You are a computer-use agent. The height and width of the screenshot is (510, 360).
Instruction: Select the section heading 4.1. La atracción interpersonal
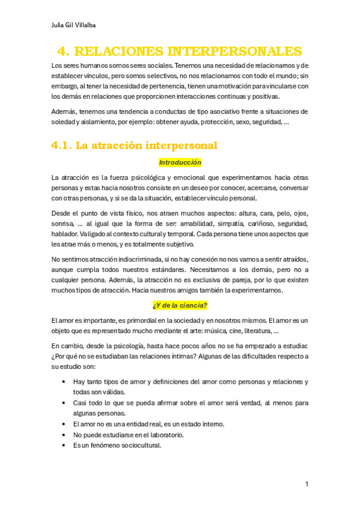tap(134, 146)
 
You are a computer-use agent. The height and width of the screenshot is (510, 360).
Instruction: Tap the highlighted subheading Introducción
tap(180, 162)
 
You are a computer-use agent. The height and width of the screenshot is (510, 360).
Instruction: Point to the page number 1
tap(307, 484)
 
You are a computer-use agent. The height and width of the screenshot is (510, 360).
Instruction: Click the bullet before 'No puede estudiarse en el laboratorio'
tap(64, 435)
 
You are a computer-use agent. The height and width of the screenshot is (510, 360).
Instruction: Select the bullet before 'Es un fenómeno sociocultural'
tap(64, 446)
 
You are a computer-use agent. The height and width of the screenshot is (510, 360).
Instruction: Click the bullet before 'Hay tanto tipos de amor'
tap(64, 382)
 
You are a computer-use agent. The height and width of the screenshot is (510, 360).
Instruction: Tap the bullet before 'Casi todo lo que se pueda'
tap(64, 403)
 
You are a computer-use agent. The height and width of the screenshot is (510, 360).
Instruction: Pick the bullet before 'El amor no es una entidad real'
tap(64, 424)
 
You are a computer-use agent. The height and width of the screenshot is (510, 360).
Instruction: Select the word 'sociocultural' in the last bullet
tap(138, 446)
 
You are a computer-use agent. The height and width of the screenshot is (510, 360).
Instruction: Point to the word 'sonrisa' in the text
tap(63, 223)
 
